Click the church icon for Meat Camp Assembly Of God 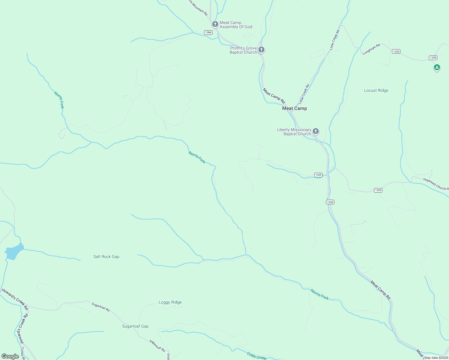click(x=215, y=24)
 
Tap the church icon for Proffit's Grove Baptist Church click(x=261, y=49)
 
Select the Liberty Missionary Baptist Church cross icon click(x=315, y=131)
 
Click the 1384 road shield click(x=208, y=32)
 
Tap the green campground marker click(x=437, y=67)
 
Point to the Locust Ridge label click(x=376, y=90)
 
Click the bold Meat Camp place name click(x=294, y=108)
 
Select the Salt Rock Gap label click(x=106, y=256)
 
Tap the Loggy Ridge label click(x=170, y=302)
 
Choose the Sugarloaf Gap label click(x=135, y=326)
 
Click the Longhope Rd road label click(x=371, y=49)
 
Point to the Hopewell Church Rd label click(x=436, y=184)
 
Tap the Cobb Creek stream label click(x=256, y=356)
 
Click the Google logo click(x=10, y=356)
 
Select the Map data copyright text click(x=436, y=358)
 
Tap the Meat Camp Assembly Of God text click(x=236, y=25)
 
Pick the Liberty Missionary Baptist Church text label click(x=294, y=132)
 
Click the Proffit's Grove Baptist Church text click(x=243, y=50)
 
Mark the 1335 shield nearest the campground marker click(x=433, y=58)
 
